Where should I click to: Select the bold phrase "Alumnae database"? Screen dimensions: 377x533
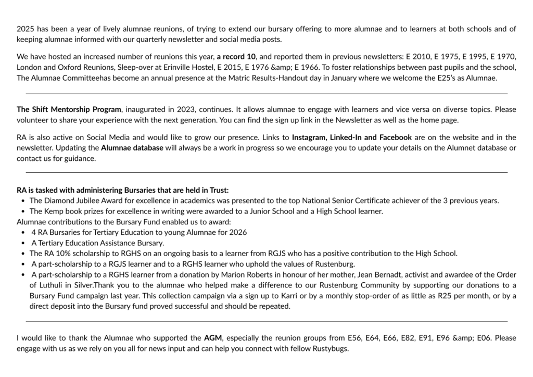132,148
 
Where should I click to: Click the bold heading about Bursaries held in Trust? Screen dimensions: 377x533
122,190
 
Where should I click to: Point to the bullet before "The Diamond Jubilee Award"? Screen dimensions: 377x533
23,200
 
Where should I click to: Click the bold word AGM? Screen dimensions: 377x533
213,338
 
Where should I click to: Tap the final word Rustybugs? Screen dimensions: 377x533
329,348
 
